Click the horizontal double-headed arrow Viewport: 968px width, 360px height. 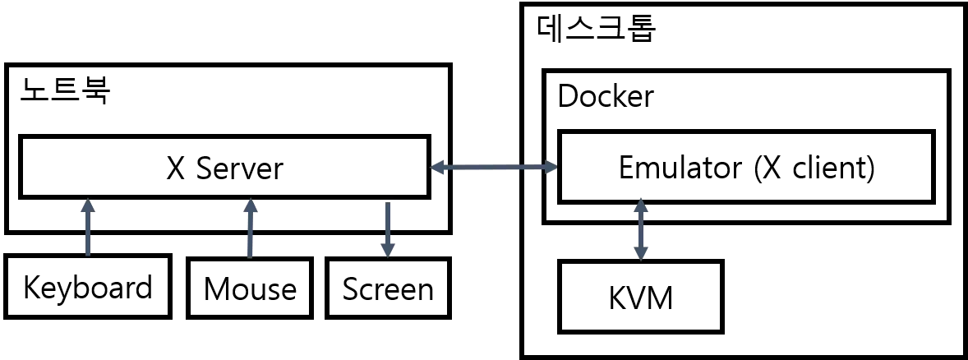pyautogui.click(x=494, y=168)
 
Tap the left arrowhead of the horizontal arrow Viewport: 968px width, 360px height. pyautogui.click(x=438, y=168)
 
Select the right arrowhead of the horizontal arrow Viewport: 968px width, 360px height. pyautogui.click(x=551, y=168)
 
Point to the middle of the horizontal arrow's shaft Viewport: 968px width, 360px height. pyautogui.click(x=494, y=168)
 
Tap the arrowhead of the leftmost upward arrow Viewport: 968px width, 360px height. pyautogui.click(x=88, y=206)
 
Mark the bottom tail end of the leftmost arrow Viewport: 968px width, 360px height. pyautogui.click(x=88, y=253)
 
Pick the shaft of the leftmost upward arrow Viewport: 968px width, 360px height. pyautogui.click(x=88, y=234)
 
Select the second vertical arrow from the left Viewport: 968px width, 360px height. pyautogui.click(x=251, y=228)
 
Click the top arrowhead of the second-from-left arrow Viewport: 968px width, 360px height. pyautogui.click(x=251, y=207)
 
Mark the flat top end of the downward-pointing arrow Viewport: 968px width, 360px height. pyautogui.click(x=388, y=205)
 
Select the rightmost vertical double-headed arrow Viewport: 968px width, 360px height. pyautogui.click(x=641, y=229)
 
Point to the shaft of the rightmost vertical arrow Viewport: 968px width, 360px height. pyautogui.click(x=641, y=229)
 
